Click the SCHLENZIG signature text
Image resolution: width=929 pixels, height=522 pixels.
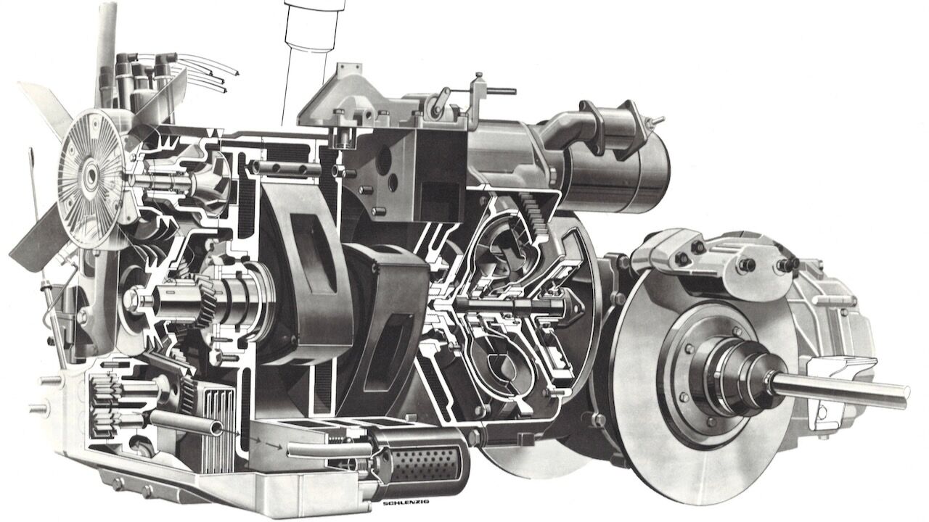pyautogui.click(x=406, y=502)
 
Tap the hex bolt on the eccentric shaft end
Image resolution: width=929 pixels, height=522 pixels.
pyautogui.click(x=133, y=297)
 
